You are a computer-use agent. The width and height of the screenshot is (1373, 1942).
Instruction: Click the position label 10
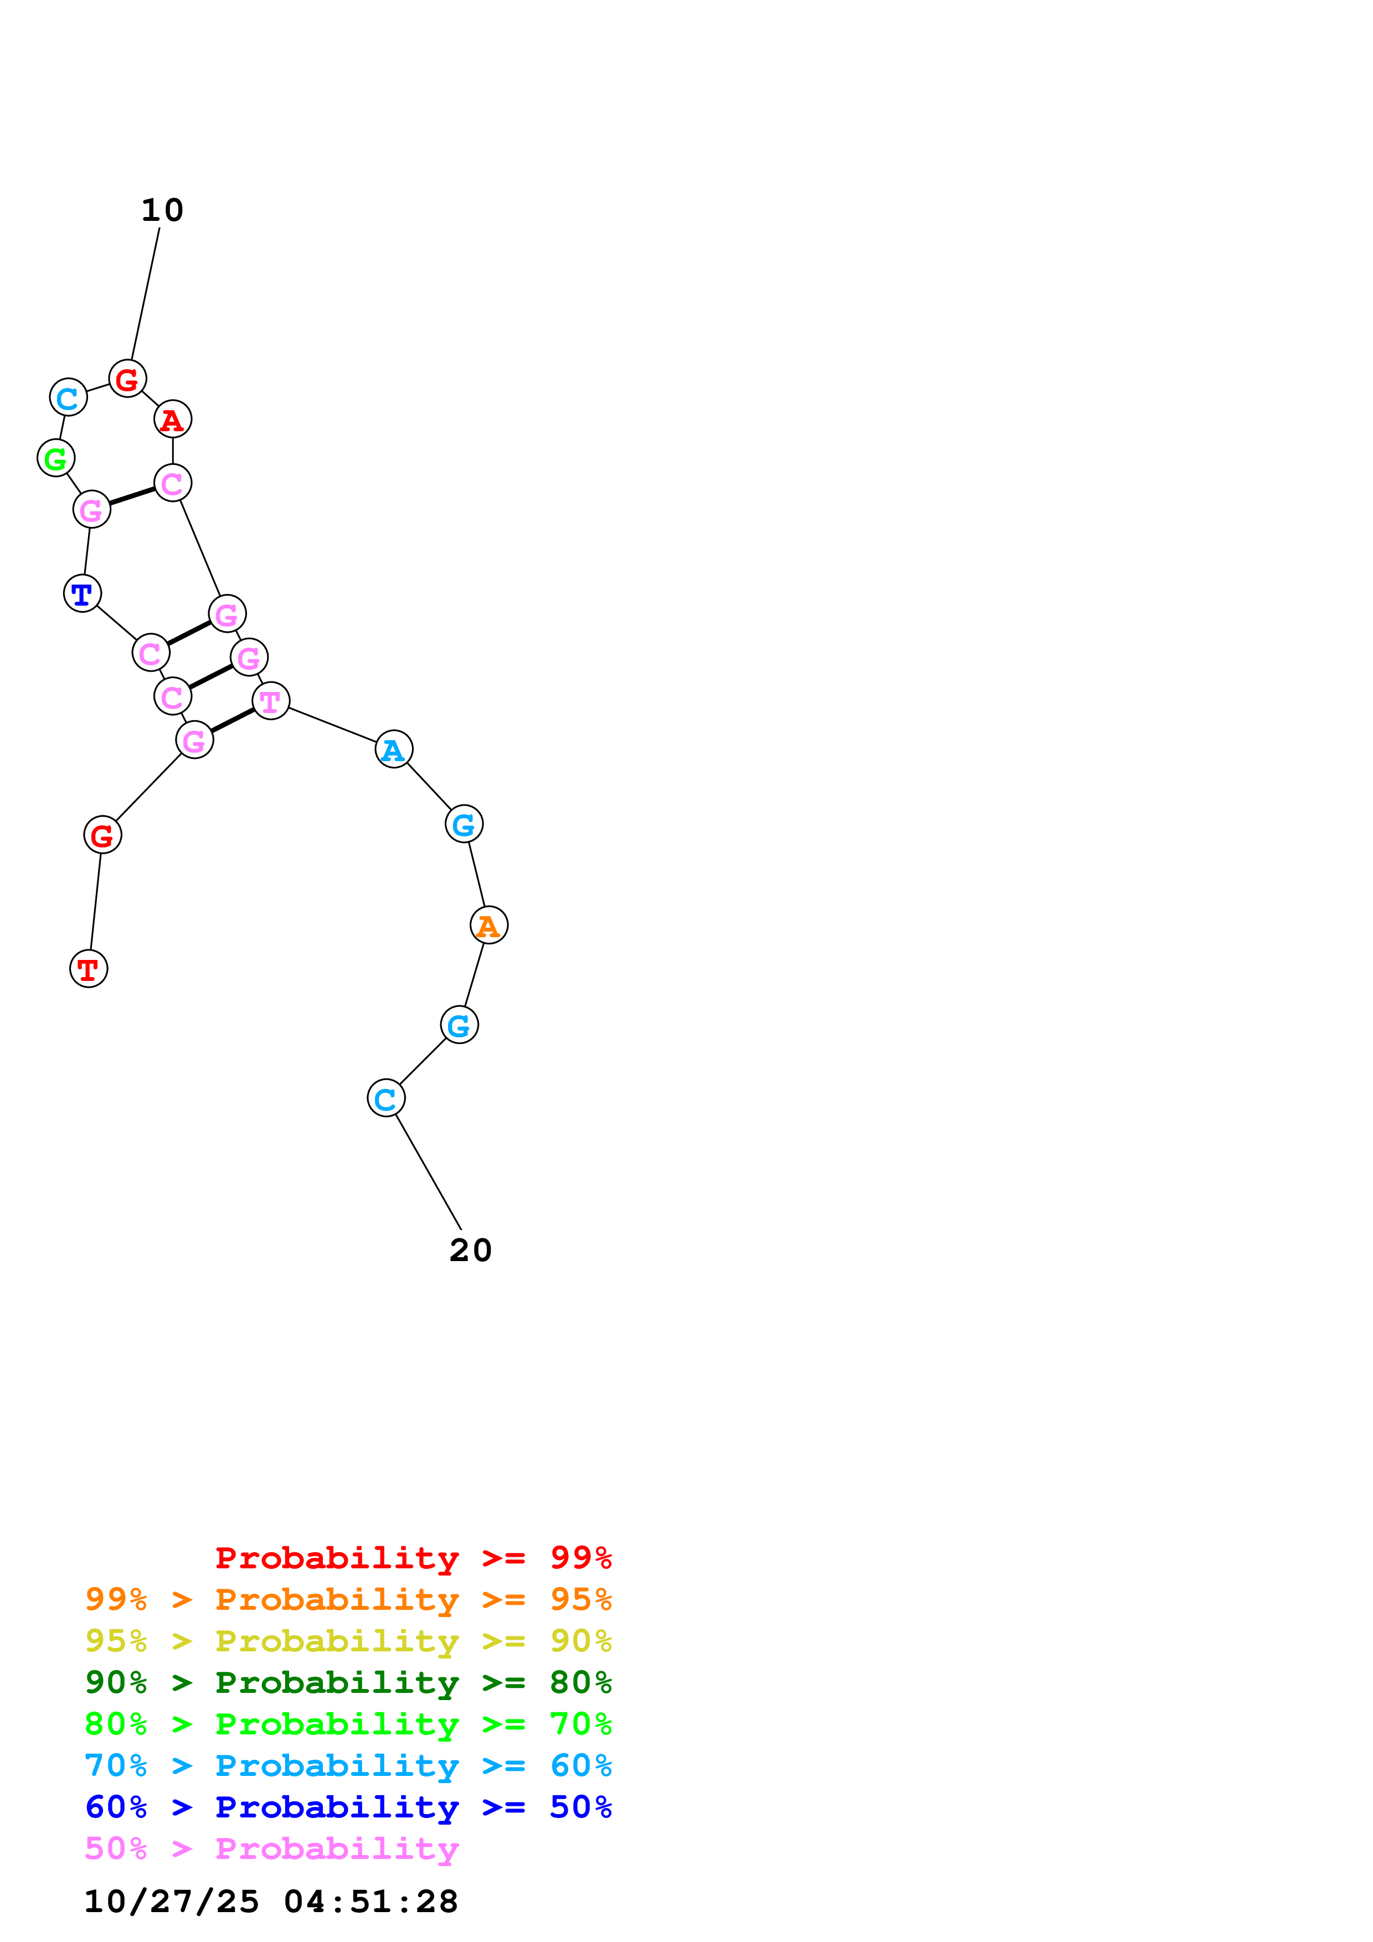(x=162, y=210)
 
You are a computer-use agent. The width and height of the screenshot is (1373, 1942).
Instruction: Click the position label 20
(x=470, y=1250)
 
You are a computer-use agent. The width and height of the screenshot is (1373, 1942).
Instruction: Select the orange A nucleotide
(x=489, y=924)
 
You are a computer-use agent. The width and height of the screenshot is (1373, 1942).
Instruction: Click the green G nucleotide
(x=56, y=458)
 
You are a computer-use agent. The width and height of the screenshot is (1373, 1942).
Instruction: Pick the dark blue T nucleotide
(x=82, y=594)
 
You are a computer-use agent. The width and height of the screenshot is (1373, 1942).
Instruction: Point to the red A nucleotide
(x=173, y=420)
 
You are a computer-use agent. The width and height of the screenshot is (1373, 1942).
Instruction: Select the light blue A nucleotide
(x=393, y=750)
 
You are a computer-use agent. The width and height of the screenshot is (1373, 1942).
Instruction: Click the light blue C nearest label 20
(x=386, y=1099)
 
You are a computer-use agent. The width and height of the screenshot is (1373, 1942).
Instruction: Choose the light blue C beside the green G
(x=69, y=397)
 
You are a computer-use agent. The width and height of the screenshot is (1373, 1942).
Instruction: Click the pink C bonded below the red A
(x=173, y=484)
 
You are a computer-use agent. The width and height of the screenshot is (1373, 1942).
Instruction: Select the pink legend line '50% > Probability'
(x=271, y=1849)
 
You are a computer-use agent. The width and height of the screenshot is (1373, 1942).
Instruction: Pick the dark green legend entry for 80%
(x=348, y=1682)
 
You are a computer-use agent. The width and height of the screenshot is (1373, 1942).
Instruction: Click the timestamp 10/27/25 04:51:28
(x=271, y=1902)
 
